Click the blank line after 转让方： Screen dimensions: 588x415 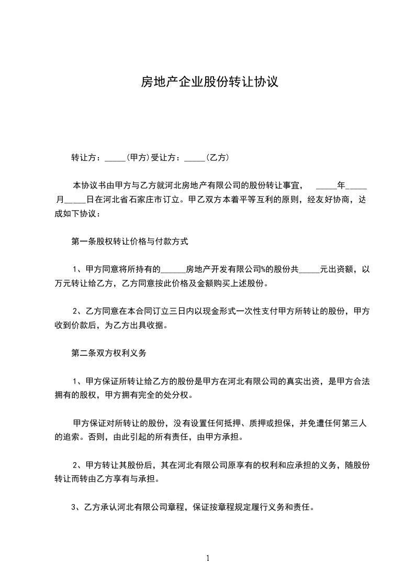click(x=115, y=158)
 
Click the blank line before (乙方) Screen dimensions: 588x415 click(x=195, y=158)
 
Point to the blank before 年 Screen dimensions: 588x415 click(x=327, y=187)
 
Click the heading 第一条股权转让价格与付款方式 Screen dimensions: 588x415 click(x=129, y=242)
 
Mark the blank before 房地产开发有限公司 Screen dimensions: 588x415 click(x=173, y=271)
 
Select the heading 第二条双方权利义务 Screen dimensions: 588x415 click(x=108, y=353)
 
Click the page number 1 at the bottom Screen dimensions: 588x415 click(x=208, y=558)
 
